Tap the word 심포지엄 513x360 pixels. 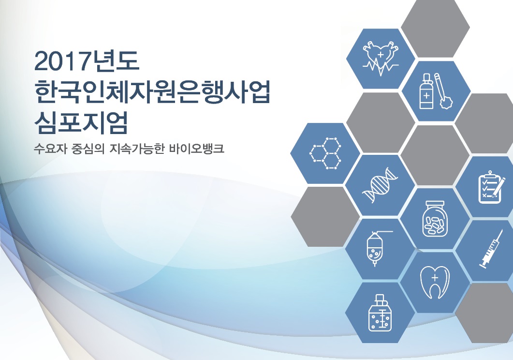(x=81, y=122)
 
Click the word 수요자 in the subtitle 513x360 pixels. (x=50, y=149)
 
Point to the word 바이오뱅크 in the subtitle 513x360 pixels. (x=197, y=149)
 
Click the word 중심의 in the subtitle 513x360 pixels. (x=88, y=149)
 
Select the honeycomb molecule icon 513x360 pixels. (x=325, y=153)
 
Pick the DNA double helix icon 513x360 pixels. (x=380, y=185)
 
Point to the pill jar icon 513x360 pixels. (x=435, y=219)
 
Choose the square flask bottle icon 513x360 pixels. (x=380, y=313)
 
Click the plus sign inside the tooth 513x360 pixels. (x=435, y=278)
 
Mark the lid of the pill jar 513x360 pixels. (x=435, y=204)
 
